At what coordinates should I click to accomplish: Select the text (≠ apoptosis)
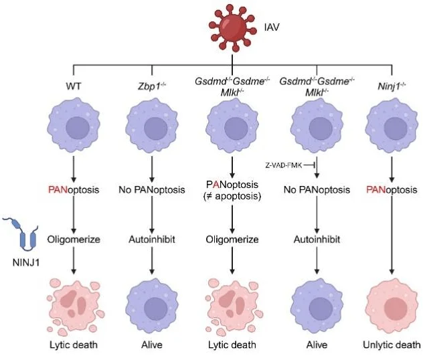(232, 196)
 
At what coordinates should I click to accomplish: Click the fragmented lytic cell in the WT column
(73, 301)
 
